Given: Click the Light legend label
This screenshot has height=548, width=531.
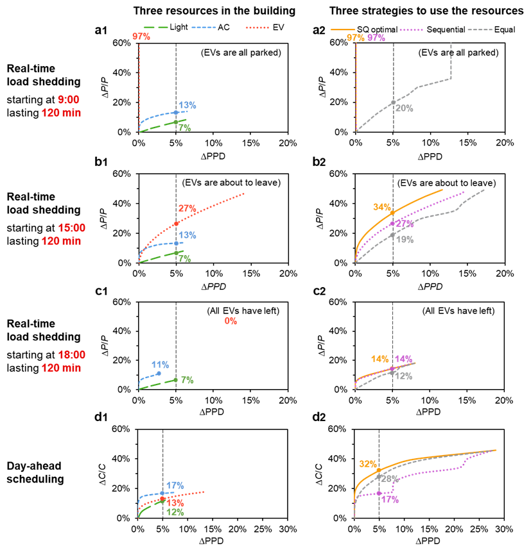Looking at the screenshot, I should tap(179, 28).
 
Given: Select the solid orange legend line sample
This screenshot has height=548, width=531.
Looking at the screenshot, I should tap(342, 29).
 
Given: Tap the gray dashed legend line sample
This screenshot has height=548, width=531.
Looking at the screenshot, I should tap(480, 29).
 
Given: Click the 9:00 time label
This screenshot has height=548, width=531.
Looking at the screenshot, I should tap(68, 99).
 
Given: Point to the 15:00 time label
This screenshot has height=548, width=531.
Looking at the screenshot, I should tap(71, 228).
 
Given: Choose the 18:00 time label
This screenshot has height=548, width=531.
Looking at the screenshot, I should tap(71, 354).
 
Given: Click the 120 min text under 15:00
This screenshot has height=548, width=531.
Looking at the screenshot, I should tap(61, 241).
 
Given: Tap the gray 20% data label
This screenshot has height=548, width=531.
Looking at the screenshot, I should tap(405, 108).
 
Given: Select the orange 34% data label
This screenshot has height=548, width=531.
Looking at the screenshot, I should tap(381, 207).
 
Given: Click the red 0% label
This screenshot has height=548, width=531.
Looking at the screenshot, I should tap(231, 321).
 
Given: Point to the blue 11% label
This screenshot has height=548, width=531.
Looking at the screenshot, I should tap(160, 365).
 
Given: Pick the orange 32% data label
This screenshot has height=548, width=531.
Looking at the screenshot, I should tap(367, 464).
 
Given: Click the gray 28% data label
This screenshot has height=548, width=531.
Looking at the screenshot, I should tap(390, 478).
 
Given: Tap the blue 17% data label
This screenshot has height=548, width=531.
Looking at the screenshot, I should tap(175, 485).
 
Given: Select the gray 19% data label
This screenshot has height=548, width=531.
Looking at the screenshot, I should tap(405, 240).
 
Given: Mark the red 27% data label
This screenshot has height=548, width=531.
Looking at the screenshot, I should tap(187, 208).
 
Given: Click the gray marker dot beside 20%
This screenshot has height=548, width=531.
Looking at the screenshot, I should tap(393, 103).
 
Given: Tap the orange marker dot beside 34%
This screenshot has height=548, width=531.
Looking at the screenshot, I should tap(392, 213).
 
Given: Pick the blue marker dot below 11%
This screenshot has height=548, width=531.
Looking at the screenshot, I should tap(159, 373).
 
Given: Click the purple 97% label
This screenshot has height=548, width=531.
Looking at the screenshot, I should tap(376, 38).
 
